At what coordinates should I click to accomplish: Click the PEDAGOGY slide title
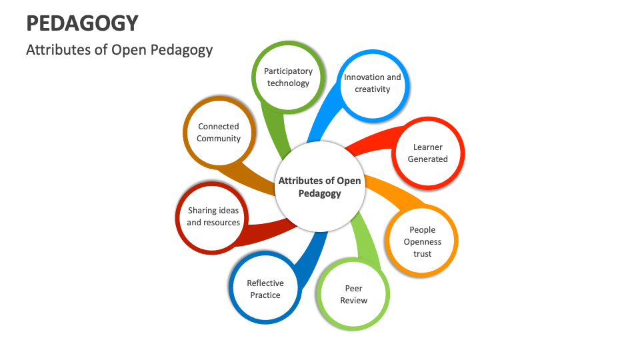(82, 23)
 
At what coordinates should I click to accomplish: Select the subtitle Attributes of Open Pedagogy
(119, 50)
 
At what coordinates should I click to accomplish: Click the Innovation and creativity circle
(372, 83)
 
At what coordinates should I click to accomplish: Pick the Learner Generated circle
(427, 153)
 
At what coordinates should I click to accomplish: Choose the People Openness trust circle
(422, 241)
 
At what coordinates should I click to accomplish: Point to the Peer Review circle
(353, 294)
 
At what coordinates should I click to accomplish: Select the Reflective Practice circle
(265, 289)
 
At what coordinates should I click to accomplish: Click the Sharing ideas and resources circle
(213, 217)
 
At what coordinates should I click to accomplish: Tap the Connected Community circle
(218, 132)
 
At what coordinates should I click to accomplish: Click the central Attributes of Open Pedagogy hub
(319, 187)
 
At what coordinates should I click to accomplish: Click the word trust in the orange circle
(422, 254)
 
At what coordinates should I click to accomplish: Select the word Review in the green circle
(353, 301)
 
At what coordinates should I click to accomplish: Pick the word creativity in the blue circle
(372, 89)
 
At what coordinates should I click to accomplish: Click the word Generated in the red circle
(427, 159)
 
